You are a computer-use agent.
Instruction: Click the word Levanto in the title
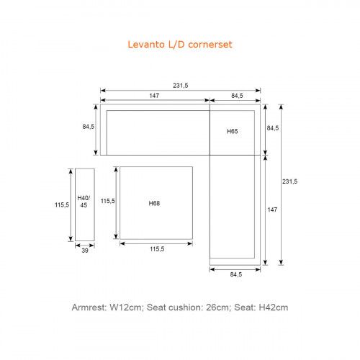(x=146, y=45)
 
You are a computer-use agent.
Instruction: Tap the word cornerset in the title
(x=210, y=45)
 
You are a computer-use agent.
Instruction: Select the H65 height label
(x=233, y=131)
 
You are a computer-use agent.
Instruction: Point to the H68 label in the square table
(x=154, y=204)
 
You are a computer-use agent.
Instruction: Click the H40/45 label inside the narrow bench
(x=84, y=202)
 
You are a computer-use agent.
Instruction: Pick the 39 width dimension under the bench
(x=85, y=251)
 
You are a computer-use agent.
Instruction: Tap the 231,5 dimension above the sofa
(x=181, y=86)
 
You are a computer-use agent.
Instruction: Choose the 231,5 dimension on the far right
(x=289, y=181)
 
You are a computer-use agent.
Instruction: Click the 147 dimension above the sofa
(x=154, y=96)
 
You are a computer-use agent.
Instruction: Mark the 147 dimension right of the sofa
(x=272, y=210)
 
